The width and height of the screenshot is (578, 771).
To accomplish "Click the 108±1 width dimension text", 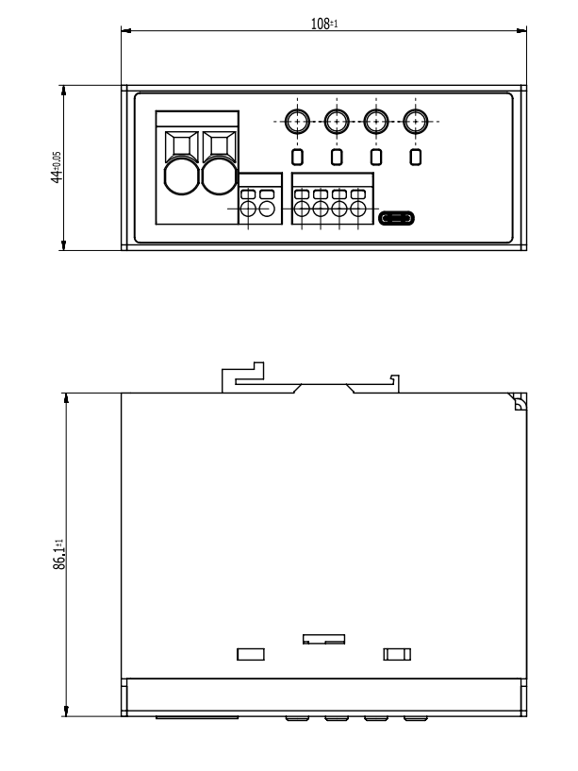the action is pos(324,23).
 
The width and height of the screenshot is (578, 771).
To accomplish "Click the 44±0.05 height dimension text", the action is pos(57,167).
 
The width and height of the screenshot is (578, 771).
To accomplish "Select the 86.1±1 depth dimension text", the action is pos(58,554).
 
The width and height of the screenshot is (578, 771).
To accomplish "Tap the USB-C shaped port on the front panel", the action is pos(396,218).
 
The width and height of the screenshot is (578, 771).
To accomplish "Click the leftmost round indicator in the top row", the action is pos(297,121).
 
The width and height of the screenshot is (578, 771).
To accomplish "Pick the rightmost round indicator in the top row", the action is pos(415,121).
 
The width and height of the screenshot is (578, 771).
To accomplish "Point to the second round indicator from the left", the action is pos(337,121).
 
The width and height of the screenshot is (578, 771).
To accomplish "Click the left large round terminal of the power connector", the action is pos(181,176).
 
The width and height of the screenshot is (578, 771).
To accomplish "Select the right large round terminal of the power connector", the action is pos(220,176).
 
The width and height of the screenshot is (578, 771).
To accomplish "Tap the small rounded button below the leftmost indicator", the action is pos(297,157).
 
